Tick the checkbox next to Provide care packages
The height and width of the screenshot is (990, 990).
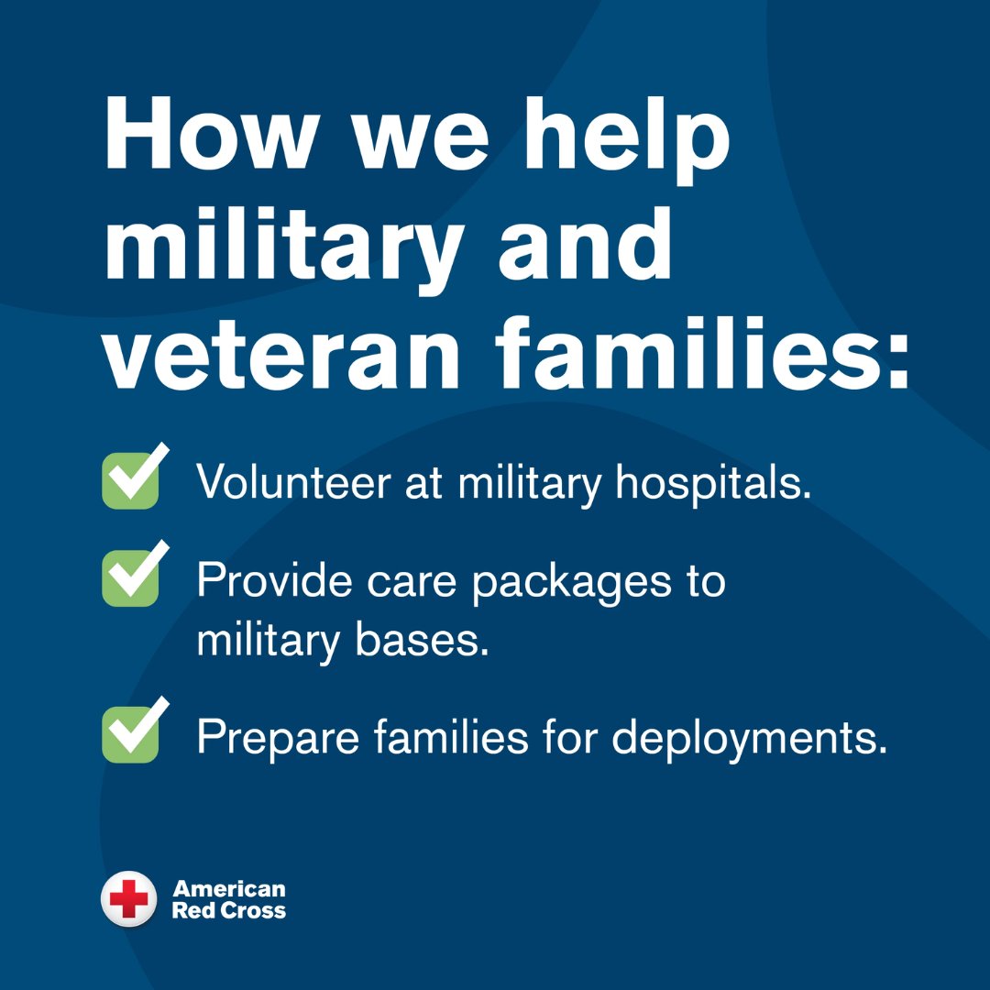tap(131, 577)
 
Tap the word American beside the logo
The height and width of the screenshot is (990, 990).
tap(229, 888)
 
